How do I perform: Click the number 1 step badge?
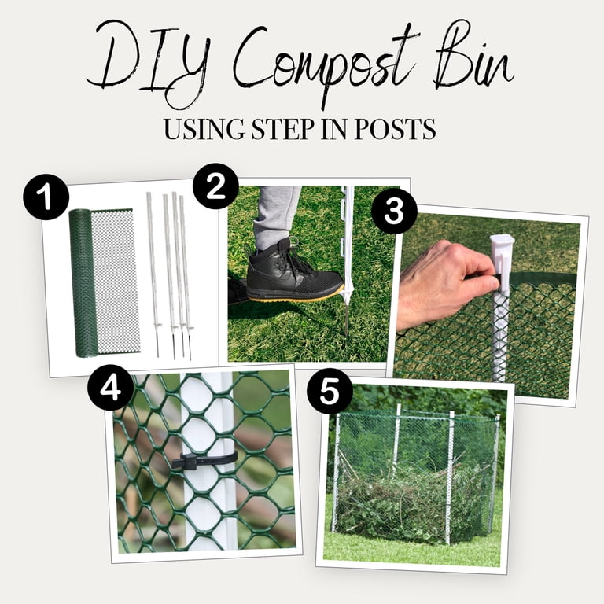coord(46,197)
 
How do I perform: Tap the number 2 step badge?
coord(215,186)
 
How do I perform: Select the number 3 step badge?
coord(394,210)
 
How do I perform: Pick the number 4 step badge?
coord(111,388)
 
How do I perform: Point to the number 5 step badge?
coord(330,392)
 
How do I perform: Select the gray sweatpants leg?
coord(277,218)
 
